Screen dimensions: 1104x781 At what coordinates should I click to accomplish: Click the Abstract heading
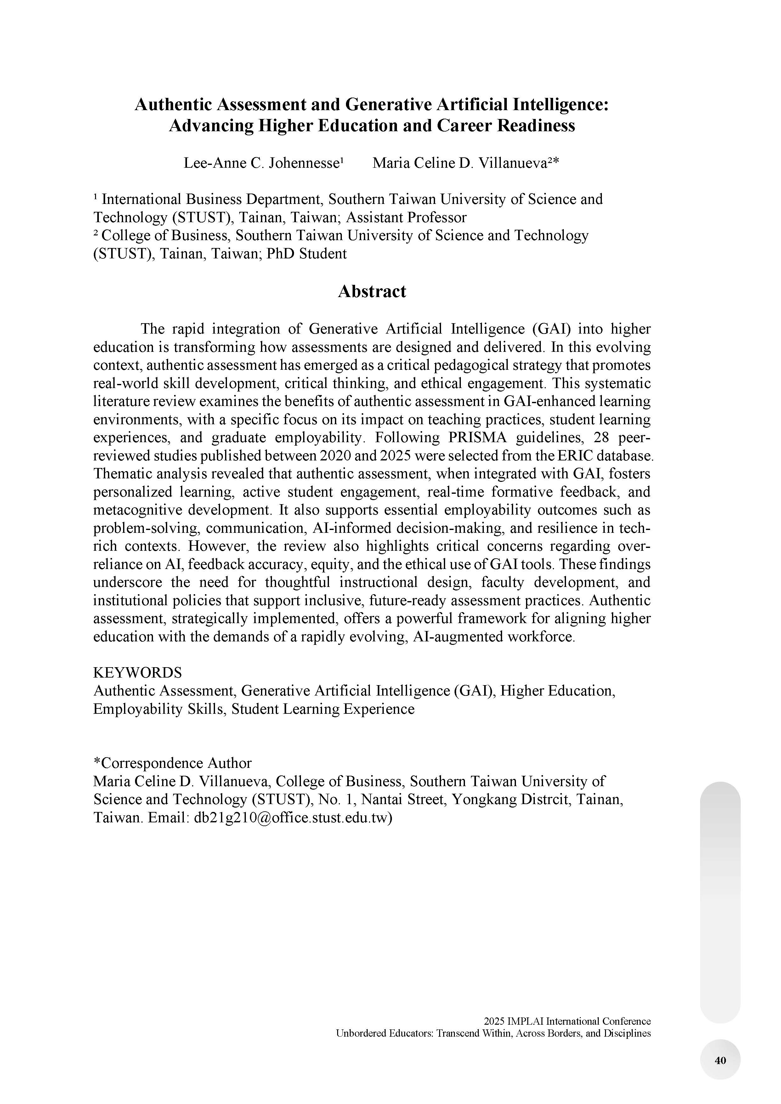[x=372, y=291]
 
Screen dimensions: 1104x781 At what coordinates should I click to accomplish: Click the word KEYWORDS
[x=138, y=673]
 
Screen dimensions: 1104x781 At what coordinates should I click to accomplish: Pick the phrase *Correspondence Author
[x=172, y=763]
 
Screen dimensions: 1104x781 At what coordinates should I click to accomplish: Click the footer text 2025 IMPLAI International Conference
[x=567, y=1021]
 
